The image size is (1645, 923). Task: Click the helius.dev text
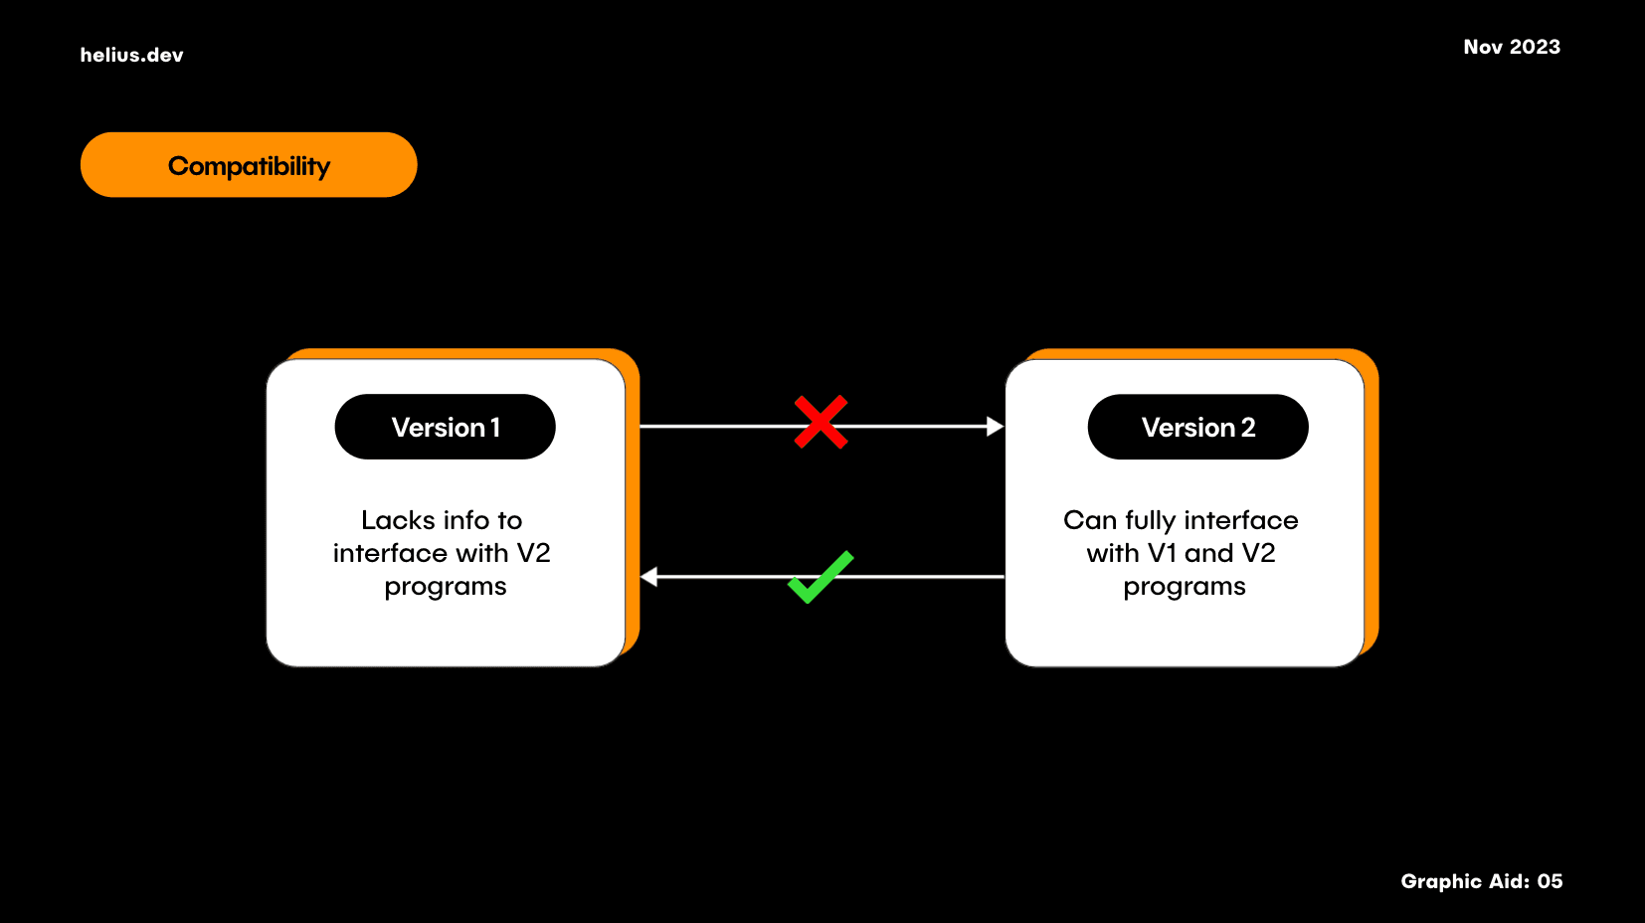(x=131, y=55)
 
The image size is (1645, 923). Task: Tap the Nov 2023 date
(x=1511, y=47)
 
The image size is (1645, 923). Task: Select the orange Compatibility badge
(x=249, y=165)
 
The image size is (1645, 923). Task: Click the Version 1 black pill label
(x=445, y=427)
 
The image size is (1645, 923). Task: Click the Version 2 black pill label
(x=1197, y=427)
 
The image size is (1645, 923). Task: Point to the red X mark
(x=821, y=423)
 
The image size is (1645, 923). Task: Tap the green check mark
(x=820, y=577)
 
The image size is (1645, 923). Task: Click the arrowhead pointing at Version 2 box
(x=995, y=427)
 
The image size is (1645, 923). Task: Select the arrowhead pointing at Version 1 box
(x=649, y=577)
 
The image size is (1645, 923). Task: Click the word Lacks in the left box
(x=398, y=520)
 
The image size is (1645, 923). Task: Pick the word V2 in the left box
(x=533, y=553)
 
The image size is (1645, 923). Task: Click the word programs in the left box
(x=446, y=587)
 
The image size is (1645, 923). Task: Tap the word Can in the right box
(x=1090, y=520)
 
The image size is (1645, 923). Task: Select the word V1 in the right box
(x=1162, y=553)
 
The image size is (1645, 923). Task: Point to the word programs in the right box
(x=1185, y=587)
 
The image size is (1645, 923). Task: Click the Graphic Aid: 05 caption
(x=1481, y=881)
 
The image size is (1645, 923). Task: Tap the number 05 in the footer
(x=1550, y=881)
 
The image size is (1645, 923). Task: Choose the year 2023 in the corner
(x=1535, y=47)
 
